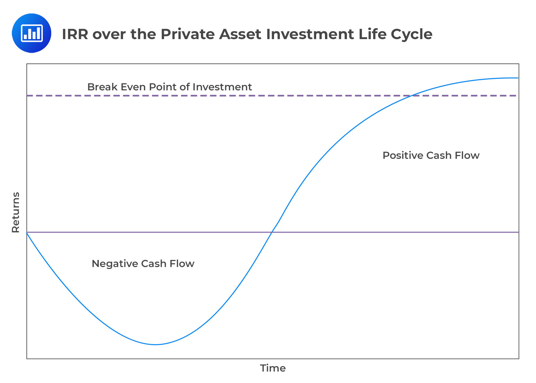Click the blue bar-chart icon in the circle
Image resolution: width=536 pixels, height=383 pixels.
coord(31,33)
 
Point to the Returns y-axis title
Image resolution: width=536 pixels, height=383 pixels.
coord(16,212)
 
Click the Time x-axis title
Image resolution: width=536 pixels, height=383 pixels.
coord(273,368)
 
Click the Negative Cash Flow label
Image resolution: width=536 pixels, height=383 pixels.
coord(143,263)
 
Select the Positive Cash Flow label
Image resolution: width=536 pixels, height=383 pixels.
coord(431,155)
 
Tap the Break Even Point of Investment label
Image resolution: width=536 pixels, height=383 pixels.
coord(169,87)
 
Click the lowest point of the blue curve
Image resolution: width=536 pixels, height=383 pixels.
coord(156,344)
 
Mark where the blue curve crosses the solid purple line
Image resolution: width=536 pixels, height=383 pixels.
coord(272,232)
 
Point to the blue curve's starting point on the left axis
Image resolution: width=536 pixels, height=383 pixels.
coord(27,232)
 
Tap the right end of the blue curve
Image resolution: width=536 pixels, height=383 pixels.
coord(517,78)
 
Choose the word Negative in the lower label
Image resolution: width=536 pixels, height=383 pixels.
coord(115,263)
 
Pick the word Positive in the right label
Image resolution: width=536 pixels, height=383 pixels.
coord(403,155)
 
